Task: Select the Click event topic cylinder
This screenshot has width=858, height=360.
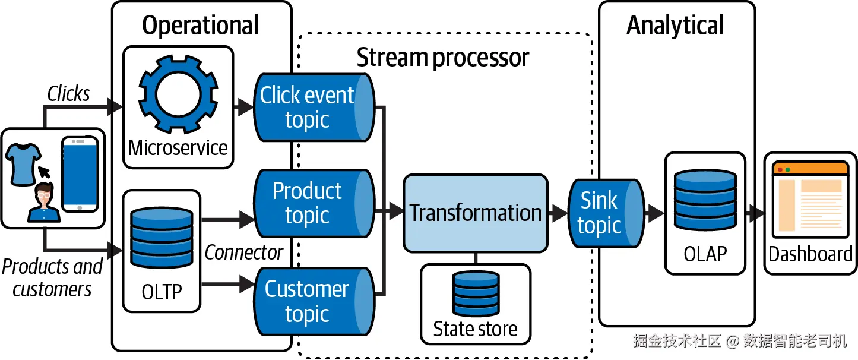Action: pos(314,108)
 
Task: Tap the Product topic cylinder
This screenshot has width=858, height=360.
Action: pos(314,203)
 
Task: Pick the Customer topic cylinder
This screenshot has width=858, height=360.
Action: pos(314,301)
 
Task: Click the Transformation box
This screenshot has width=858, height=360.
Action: pos(475,213)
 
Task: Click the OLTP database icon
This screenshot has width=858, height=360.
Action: pos(162,238)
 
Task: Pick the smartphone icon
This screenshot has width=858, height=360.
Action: pos(80,174)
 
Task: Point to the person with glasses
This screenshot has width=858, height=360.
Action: pos(44,203)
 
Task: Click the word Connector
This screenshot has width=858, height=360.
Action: pos(243,253)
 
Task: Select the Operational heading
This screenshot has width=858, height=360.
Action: pos(201,26)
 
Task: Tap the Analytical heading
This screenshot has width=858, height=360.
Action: pos(675,26)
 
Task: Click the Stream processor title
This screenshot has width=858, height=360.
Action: pos(442,58)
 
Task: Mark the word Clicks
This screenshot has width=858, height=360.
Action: pos(68,94)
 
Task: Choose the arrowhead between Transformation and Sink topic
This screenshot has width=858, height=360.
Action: pos(559,213)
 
